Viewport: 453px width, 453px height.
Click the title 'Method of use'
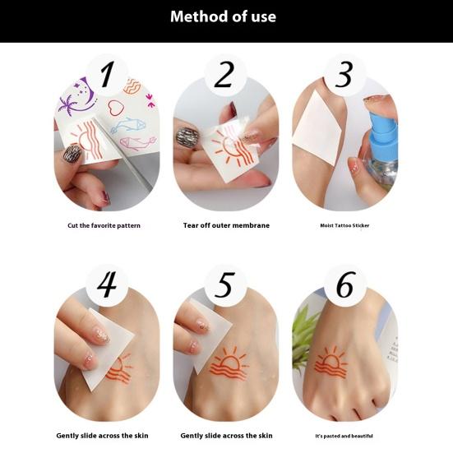click(226, 16)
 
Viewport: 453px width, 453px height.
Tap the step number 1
click(107, 74)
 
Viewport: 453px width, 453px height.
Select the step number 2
click(224, 74)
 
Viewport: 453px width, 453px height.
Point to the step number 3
click(344, 74)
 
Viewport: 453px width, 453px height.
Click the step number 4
click(107, 284)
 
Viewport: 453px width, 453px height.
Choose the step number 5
click(224, 284)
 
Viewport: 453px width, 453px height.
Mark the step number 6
click(344, 284)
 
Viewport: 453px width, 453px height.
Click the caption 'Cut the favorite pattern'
click(104, 224)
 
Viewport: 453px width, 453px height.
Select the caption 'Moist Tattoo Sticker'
click(344, 224)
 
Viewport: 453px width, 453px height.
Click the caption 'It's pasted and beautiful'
click(344, 435)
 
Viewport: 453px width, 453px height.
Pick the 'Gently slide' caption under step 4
click(104, 435)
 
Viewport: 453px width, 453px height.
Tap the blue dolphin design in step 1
click(127, 126)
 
